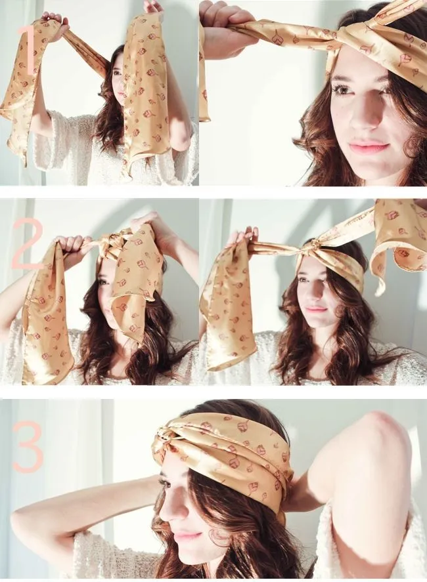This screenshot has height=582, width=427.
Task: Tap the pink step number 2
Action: pyautogui.click(x=27, y=243)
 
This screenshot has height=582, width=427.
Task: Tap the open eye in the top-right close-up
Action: pyautogui.click(x=342, y=90)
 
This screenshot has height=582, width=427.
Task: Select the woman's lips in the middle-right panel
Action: pyautogui.click(x=316, y=309)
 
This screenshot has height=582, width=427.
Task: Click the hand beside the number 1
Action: pyautogui.click(x=56, y=24)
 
